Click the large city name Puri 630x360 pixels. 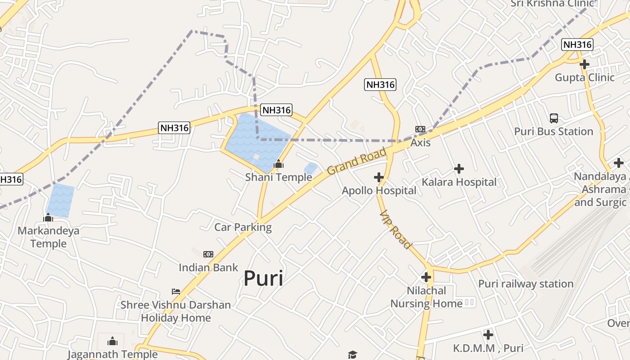tap(263, 279)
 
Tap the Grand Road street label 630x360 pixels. tap(357, 161)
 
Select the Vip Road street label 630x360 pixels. tap(396, 229)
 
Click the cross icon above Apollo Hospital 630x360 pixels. tap(379, 177)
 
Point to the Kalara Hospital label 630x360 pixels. tap(459, 182)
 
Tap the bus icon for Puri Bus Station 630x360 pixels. tap(554, 118)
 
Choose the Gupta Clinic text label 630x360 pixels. tap(585, 77)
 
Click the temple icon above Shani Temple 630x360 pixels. tap(279, 164)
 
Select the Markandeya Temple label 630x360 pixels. tap(48, 237)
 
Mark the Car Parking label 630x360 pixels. tap(243, 227)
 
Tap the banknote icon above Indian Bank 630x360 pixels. tap(208, 254)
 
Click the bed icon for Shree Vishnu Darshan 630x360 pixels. tap(176, 292)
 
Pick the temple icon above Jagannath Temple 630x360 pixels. tap(112, 341)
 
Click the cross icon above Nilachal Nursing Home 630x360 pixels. tap(426, 277)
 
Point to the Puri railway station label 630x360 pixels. tap(526, 284)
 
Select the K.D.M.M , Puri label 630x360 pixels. tap(488, 348)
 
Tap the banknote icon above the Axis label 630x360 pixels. tap(420, 129)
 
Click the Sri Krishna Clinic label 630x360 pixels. tap(552, 4)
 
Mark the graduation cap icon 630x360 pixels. tap(352, 355)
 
